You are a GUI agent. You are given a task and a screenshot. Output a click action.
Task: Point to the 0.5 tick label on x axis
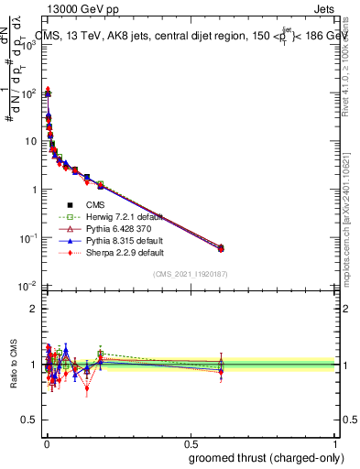coord(190,443)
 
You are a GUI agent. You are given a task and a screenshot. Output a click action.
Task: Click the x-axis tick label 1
coord(333,443)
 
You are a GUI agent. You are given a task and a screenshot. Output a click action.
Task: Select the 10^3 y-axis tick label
coord(28,46)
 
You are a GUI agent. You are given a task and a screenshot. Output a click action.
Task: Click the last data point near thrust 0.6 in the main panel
coord(221,247)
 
